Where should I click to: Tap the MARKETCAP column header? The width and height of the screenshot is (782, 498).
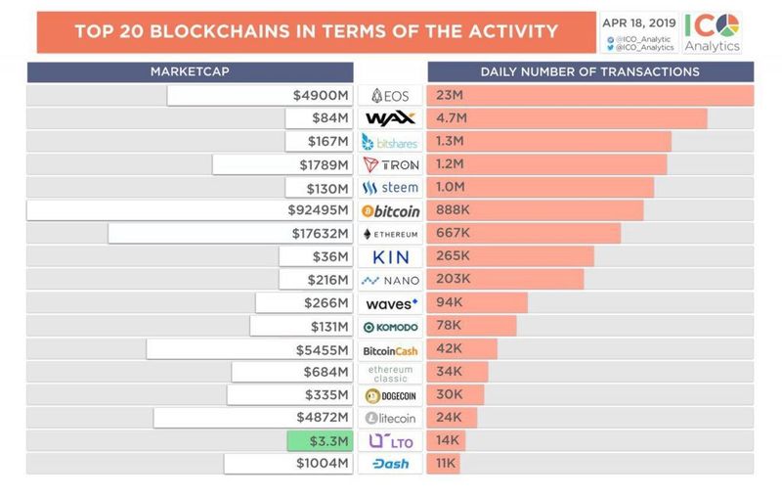coord(190,71)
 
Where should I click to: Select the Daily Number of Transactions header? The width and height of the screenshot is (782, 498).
coord(589,71)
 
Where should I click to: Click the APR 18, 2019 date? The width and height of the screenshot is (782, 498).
coord(638,22)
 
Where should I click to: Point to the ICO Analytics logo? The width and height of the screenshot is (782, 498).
coord(712,31)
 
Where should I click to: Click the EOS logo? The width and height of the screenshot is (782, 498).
coord(390,95)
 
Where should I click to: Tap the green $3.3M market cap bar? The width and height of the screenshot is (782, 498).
coord(319,440)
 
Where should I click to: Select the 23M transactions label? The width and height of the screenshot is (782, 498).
coord(450,95)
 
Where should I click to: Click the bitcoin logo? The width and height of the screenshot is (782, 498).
coord(390,210)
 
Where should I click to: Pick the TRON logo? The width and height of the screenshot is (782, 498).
coord(390,164)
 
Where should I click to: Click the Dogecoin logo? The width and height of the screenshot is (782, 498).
coord(390,395)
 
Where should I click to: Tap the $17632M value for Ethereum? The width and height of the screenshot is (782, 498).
coord(320,234)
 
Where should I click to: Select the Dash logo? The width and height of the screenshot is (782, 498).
coord(390,464)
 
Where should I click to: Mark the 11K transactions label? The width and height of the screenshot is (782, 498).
coord(447,464)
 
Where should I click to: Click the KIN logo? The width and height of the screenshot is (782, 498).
coord(390,256)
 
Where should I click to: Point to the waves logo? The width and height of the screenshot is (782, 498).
coord(390,303)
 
